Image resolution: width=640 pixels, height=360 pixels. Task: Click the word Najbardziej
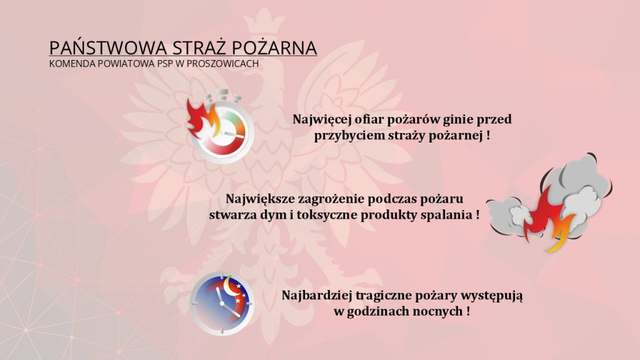click(x=314, y=295)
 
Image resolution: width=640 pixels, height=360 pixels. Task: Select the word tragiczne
click(x=383, y=295)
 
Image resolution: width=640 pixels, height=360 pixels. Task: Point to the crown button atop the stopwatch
click(x=222, y=94)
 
